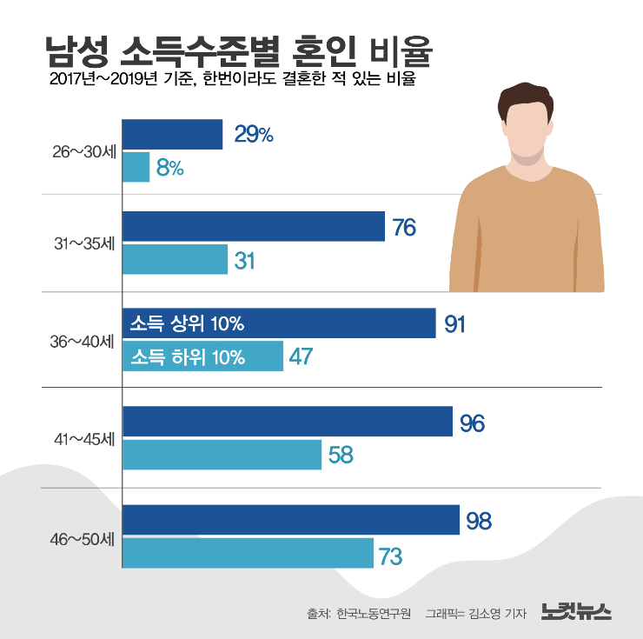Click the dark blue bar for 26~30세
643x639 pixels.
(x=172, y=134)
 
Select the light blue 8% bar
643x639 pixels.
(x=136, y=167)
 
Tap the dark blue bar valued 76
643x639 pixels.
(x=253, y=227)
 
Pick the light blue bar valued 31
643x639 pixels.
(x=175, y=259)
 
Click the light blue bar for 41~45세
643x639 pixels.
(x=222, y=455)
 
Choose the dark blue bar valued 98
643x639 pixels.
(x=290, y=520)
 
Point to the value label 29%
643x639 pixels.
(x=254, y=134)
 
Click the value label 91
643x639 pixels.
(x=455, y=324)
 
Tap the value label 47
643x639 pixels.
(x=301, y=356)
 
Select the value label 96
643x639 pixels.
(x=472, y=423)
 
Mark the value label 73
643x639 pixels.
(x=390, y=554)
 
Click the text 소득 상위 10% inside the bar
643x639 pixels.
(x=187, y=324)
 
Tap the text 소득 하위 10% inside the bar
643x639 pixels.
(x=188, y=356)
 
